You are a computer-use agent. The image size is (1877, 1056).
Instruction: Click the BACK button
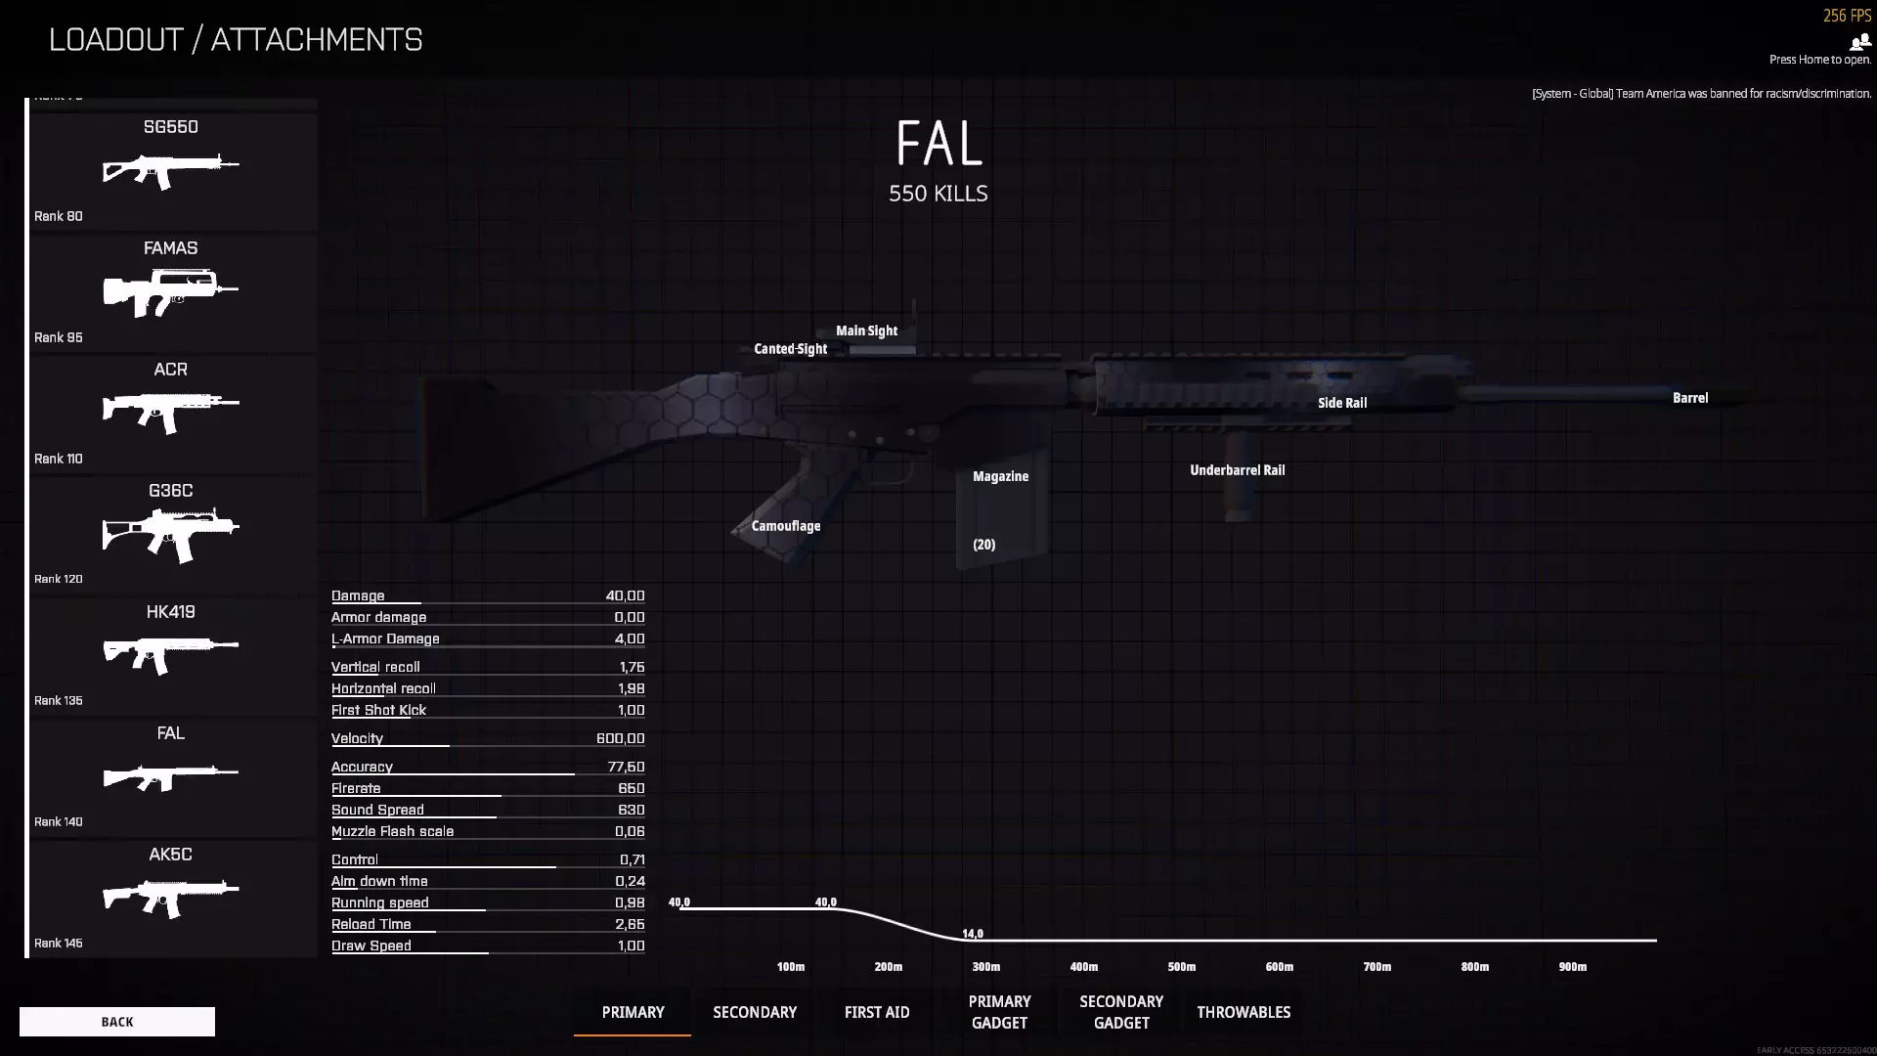[117, 1022]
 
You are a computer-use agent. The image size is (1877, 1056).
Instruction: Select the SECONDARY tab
[755, 1012]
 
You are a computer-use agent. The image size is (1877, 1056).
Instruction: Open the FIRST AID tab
[877, 1012]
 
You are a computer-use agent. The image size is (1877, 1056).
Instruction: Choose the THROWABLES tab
[1244, 1012]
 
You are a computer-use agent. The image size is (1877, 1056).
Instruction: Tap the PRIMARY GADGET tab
[999, 1012]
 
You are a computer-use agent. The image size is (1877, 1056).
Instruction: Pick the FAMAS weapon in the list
[171, 291]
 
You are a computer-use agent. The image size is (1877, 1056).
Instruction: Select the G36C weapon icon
[171, 534]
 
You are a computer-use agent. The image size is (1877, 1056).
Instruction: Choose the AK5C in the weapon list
[171, 898]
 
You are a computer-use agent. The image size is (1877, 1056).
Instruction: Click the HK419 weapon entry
[171, 655]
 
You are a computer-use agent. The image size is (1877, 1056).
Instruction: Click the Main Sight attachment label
[866, 330]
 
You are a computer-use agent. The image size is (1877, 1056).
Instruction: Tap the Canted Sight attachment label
[790, 349]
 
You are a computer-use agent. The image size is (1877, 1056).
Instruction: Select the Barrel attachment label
[1690, 398]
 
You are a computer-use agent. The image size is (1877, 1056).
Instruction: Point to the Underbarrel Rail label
[1237, 470]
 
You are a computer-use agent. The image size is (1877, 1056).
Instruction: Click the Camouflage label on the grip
[786, 526]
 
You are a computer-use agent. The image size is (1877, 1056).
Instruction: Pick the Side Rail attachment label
[1342, 403]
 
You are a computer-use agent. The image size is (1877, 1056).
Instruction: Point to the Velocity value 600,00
[620, 738]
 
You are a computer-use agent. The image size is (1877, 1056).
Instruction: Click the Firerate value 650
[631, 788]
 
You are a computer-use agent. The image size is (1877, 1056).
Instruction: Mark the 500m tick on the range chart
[1181, 967]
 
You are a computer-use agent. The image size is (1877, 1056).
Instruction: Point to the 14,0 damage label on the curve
[973, 934]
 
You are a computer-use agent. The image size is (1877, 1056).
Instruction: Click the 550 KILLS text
[938, 194]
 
